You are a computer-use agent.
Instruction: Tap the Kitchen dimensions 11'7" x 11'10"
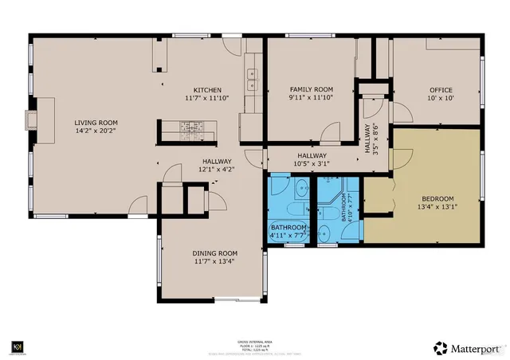207,98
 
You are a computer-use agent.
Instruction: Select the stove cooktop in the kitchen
191,126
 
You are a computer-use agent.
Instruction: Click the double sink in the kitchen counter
253,78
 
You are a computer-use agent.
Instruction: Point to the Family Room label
311,89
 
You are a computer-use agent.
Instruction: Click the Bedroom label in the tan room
437,198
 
